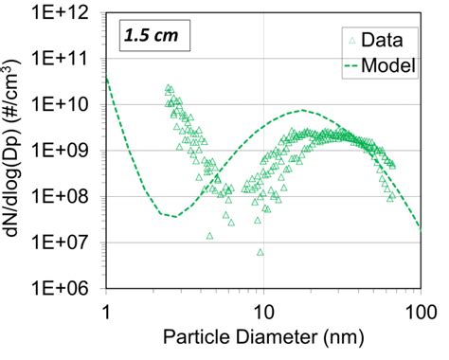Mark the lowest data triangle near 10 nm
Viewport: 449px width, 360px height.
click(259, 252)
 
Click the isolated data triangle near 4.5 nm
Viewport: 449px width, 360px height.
click(209, 235)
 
